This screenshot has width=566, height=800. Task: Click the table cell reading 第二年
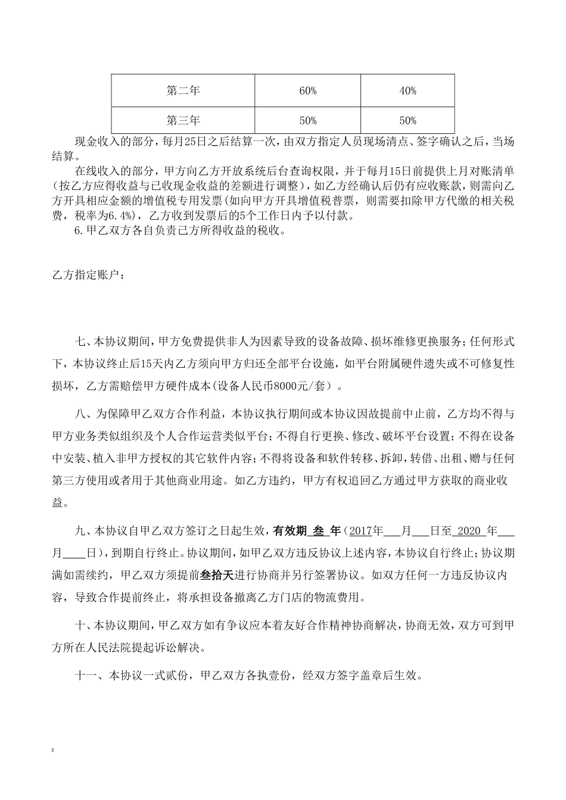pos(183,90)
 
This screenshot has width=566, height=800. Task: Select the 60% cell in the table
pos(307,90)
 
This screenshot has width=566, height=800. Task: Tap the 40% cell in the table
pos(408,90)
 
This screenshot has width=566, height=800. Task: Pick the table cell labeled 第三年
pos(183,120)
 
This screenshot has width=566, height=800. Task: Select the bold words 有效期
pos(289,530)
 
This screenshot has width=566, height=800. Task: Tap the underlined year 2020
pos(470,530)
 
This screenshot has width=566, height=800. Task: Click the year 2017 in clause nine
pos(360,530)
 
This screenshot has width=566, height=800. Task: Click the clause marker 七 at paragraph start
pos(78,342)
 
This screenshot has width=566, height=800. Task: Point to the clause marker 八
pos(78,413)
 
